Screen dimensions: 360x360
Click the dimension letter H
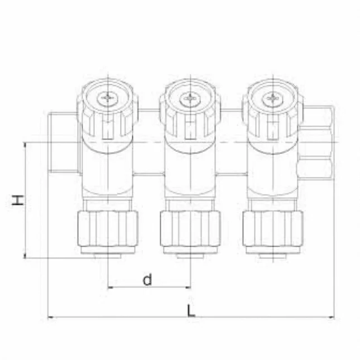coord(18,200)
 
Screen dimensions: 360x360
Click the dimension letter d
coord(147,279)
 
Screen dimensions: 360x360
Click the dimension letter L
coord(191,311)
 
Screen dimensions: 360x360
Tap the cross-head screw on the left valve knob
coord(108,99)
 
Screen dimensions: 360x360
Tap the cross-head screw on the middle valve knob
coord(190,99)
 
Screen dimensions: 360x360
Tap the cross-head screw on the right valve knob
coord(272,99)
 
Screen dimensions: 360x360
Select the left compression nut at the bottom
coord(108,229)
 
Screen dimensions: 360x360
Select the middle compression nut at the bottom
coord(190,229)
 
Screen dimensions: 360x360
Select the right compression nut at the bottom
coord(273,229)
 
